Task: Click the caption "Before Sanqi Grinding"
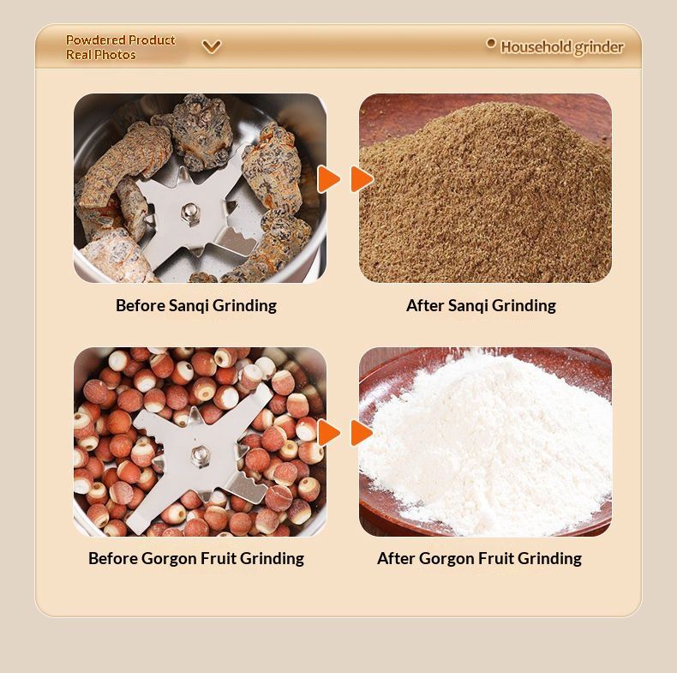(196, 306)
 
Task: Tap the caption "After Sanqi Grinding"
(481, 306)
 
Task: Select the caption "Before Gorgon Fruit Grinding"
(196, 558)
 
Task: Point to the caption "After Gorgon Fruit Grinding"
(479, 558)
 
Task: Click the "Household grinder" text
(561, 47)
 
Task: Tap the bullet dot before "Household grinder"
(490, 43)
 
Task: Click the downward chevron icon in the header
(212, 46)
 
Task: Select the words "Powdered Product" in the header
(121, 40)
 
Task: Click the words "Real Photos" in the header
(101, 55)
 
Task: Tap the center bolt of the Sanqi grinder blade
(189, 212)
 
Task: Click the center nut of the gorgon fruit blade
(201, 456)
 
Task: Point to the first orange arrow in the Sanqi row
(329, 179)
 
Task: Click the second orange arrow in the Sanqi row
(362, 179)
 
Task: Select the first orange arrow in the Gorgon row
(329, 432)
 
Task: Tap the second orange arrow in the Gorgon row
(362, 432)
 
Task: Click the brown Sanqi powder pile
(485, 195)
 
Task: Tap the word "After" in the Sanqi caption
(425, 306)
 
